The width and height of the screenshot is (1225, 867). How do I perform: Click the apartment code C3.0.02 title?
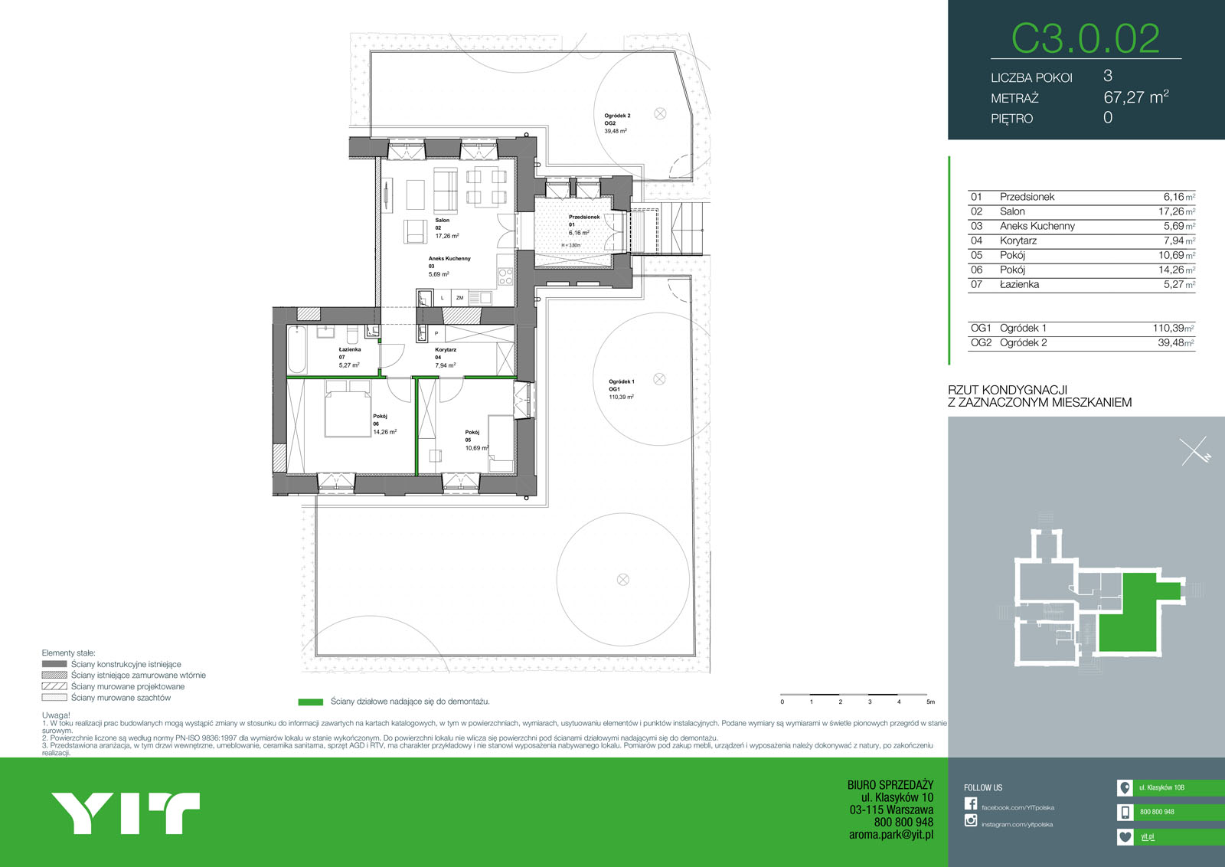click(1085, 38)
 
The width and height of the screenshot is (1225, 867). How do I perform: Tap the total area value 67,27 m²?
click(1135, 97)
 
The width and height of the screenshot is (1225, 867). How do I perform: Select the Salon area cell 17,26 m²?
click(1175, 211)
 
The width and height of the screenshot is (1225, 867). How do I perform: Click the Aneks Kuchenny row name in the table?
click(1037, 226)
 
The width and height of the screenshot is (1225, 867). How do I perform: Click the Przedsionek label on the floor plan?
click(584, 218)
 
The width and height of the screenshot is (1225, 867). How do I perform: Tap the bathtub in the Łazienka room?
click(297, 348)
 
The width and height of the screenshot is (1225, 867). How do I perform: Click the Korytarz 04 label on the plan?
click(446, 353)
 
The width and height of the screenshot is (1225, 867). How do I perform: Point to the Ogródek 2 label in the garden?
click(617, 116)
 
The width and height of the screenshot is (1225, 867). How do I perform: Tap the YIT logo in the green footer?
click(126, 813)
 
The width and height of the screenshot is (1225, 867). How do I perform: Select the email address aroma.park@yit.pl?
click(890, 835)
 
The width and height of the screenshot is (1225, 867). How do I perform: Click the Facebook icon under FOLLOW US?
click(971, 803)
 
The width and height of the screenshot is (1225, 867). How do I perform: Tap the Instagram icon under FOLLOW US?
click(971, 820)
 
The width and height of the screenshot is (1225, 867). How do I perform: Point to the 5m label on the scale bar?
click(930, 702)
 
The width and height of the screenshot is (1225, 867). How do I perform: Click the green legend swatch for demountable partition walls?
click(310, 702)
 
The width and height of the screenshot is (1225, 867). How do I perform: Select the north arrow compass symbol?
click(1194, 451)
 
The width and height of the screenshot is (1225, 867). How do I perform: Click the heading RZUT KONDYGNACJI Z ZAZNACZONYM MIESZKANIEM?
click(1039, 396)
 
